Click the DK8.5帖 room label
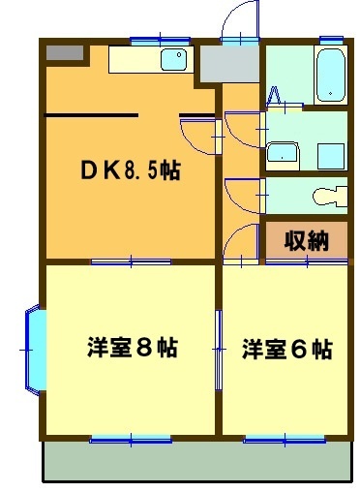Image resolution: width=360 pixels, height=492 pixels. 129,170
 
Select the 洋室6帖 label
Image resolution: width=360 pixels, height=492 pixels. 287,349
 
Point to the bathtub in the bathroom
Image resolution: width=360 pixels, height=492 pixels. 330,75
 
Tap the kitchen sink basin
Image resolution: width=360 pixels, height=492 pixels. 174,60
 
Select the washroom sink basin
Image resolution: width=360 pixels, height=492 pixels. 284,153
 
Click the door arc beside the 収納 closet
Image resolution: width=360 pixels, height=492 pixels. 241,248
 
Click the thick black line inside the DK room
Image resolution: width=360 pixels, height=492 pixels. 91,115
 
